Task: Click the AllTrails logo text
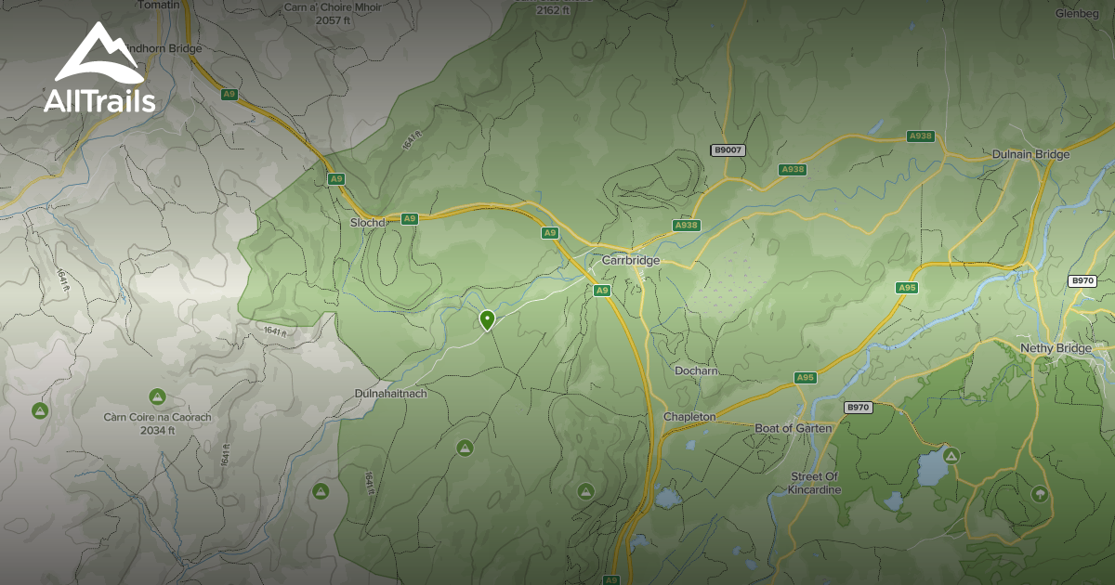(x=99, y=101)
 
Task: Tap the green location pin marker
(x=486, y=320)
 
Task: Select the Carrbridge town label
(x=630, y=261)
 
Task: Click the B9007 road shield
(x=728, y=149)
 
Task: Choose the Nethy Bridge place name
(x=1056, y=348)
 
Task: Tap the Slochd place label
(x=367, y=223)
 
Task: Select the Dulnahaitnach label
(x=390, y=394)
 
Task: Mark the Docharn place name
(x=696, y=371)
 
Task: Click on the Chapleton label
(x=689, y=417)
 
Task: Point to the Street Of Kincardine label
(x=815, y=483)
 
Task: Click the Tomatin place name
(x=157, y=6)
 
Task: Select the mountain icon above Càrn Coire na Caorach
(x=158, y=396)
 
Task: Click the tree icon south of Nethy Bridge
(x=1039, y=494)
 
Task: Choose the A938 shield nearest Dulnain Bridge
(x=920, y=136)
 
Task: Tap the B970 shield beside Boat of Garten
(x=858, y=408)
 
